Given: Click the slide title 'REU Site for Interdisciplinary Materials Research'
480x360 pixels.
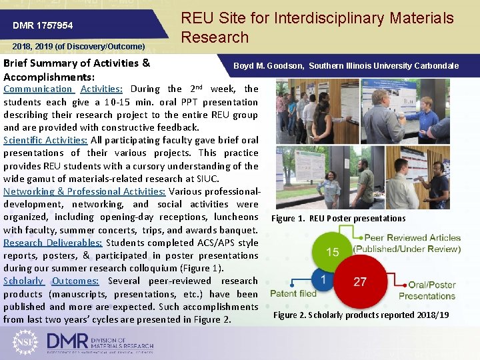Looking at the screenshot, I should (x=317, y=28).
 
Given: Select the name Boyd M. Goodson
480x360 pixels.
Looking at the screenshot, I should (x=269, y=66).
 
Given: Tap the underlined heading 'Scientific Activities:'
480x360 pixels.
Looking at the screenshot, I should (x=45, y=141).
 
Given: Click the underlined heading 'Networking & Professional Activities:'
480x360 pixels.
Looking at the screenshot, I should (x=85, y=191).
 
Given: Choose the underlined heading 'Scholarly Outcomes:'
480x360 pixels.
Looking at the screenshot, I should (x=51, y=281).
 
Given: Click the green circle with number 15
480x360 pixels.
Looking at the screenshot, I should (x=333, y=252).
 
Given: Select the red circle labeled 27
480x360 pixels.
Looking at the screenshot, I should (x=360, y=281).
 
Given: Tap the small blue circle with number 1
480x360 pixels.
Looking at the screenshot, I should (x=323, y=279).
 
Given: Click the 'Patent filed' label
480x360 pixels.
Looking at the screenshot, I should (x=293, y=294).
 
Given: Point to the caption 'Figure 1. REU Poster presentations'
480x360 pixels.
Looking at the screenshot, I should (x=338, y=219).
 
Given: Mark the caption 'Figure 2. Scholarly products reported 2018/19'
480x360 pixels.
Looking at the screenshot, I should (x=361, y=315).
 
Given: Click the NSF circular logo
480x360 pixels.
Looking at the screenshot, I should (x=25, y=341).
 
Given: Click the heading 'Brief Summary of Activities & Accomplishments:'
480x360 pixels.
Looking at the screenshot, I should (x=77, y=69).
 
